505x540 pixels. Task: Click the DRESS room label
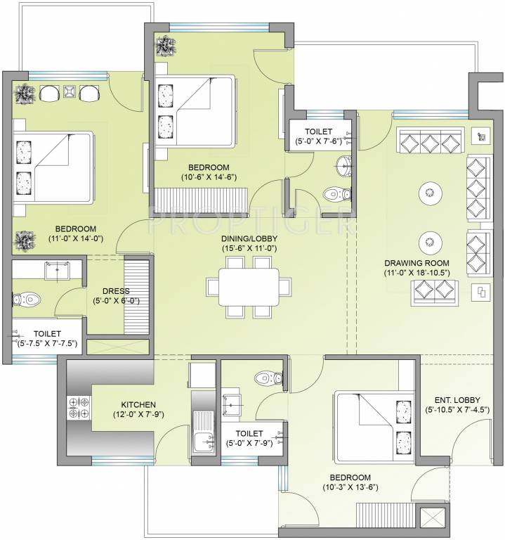[116, 290]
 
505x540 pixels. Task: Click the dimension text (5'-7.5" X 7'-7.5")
[47, 343]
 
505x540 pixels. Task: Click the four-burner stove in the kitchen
[78, 409]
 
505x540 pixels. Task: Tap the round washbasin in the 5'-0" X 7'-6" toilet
[343, 166]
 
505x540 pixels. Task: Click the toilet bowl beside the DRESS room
[26, 299]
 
